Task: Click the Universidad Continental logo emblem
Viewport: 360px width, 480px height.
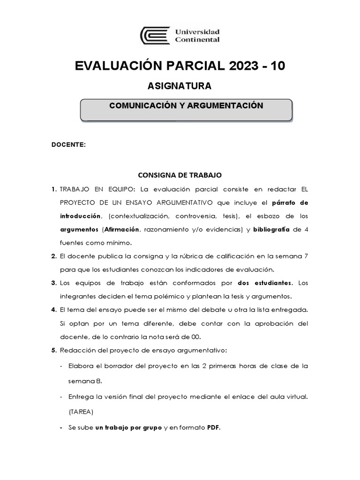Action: [x=156, y=36]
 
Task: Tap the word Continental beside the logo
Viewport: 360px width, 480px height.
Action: [x=197, y=40]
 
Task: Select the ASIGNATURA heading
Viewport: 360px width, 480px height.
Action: [x=180, y=86]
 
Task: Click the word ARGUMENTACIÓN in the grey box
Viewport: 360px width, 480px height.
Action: [x=225, y=105]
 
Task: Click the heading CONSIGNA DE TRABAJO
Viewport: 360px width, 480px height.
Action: [x=179, y=175]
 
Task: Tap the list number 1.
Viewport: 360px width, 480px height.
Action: [x=53, y=189]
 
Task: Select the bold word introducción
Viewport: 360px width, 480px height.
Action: [x=80, y=216]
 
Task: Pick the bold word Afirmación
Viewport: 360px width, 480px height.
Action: [x=121, y=229]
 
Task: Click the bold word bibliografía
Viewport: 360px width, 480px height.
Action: [x=272, y=229]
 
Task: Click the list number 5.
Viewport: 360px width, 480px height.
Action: [x=53, y=350]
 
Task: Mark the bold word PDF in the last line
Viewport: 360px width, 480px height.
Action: [x=213, y=427]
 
